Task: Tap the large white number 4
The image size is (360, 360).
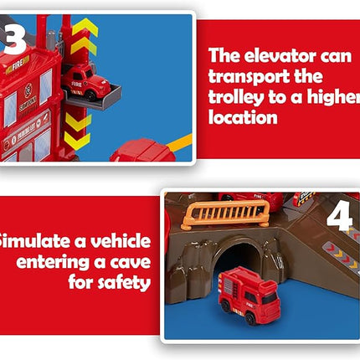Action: click(x=338, y=216)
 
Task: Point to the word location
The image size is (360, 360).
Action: click(x=243, y=117)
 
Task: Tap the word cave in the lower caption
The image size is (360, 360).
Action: click(x=129, y=262)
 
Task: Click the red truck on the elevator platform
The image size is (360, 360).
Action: click(x=86, y=82)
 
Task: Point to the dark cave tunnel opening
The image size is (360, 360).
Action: click(x=238, y=258)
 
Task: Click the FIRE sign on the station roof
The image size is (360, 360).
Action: click(x=18, y=62)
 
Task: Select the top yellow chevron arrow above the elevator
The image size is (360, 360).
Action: click(x=84, y=28)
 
